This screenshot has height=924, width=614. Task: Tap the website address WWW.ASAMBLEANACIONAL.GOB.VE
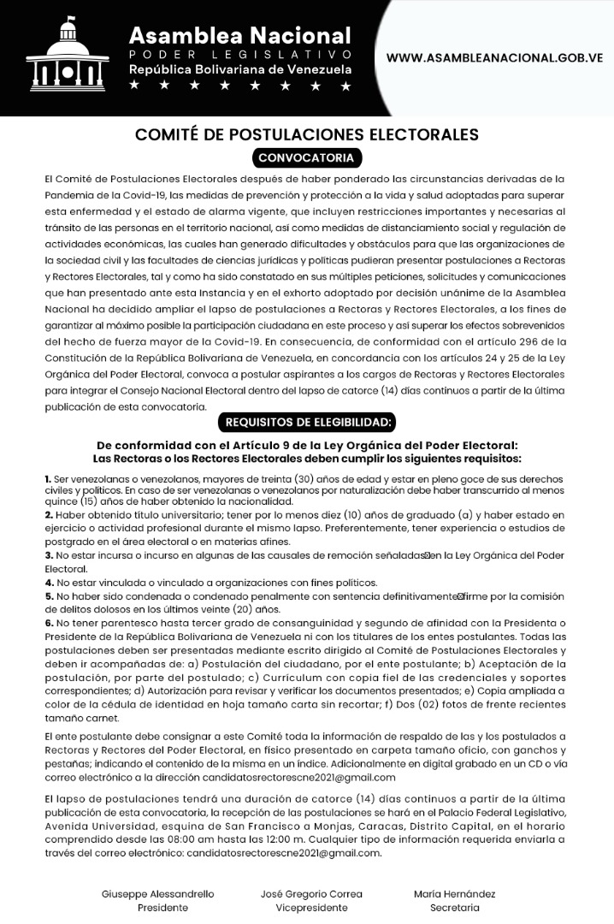[495, 58]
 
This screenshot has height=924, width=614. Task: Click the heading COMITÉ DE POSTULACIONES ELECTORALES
[307, 134]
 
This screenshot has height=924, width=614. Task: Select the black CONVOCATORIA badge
[307, 158]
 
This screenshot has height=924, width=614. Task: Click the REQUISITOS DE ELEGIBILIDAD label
[307, 422]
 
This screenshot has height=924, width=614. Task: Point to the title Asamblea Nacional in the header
[240, 35]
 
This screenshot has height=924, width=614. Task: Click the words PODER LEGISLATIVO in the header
[240, 54]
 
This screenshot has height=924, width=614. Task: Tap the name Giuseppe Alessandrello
[157, 893]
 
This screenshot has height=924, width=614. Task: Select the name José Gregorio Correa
[311, 893]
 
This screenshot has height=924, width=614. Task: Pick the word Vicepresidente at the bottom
[311, 908]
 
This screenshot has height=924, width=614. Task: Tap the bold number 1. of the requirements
[48, 477]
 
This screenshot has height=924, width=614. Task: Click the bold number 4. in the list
[49, 582]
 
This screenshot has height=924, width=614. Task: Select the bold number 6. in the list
[49, 623]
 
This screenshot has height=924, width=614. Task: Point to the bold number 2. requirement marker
[49, 515]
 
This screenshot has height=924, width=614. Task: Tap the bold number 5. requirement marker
[49, 595]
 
